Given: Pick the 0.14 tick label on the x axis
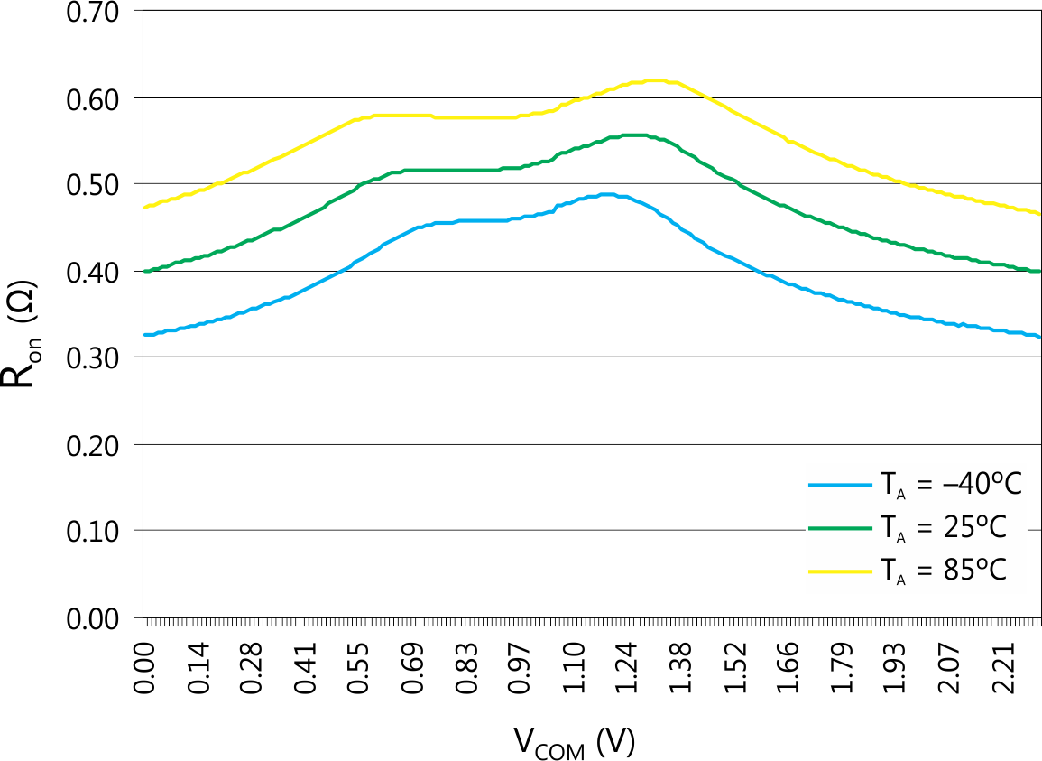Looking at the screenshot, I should (198, 668).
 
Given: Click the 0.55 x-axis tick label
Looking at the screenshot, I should (358, 668).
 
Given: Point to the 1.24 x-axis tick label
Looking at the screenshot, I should (626, 668).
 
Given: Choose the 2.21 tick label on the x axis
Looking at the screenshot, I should (1001, 668).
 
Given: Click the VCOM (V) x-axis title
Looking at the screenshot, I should (575, 742).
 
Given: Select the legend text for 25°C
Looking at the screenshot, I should (938, 528).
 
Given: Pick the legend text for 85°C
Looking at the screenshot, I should (938, 571).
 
